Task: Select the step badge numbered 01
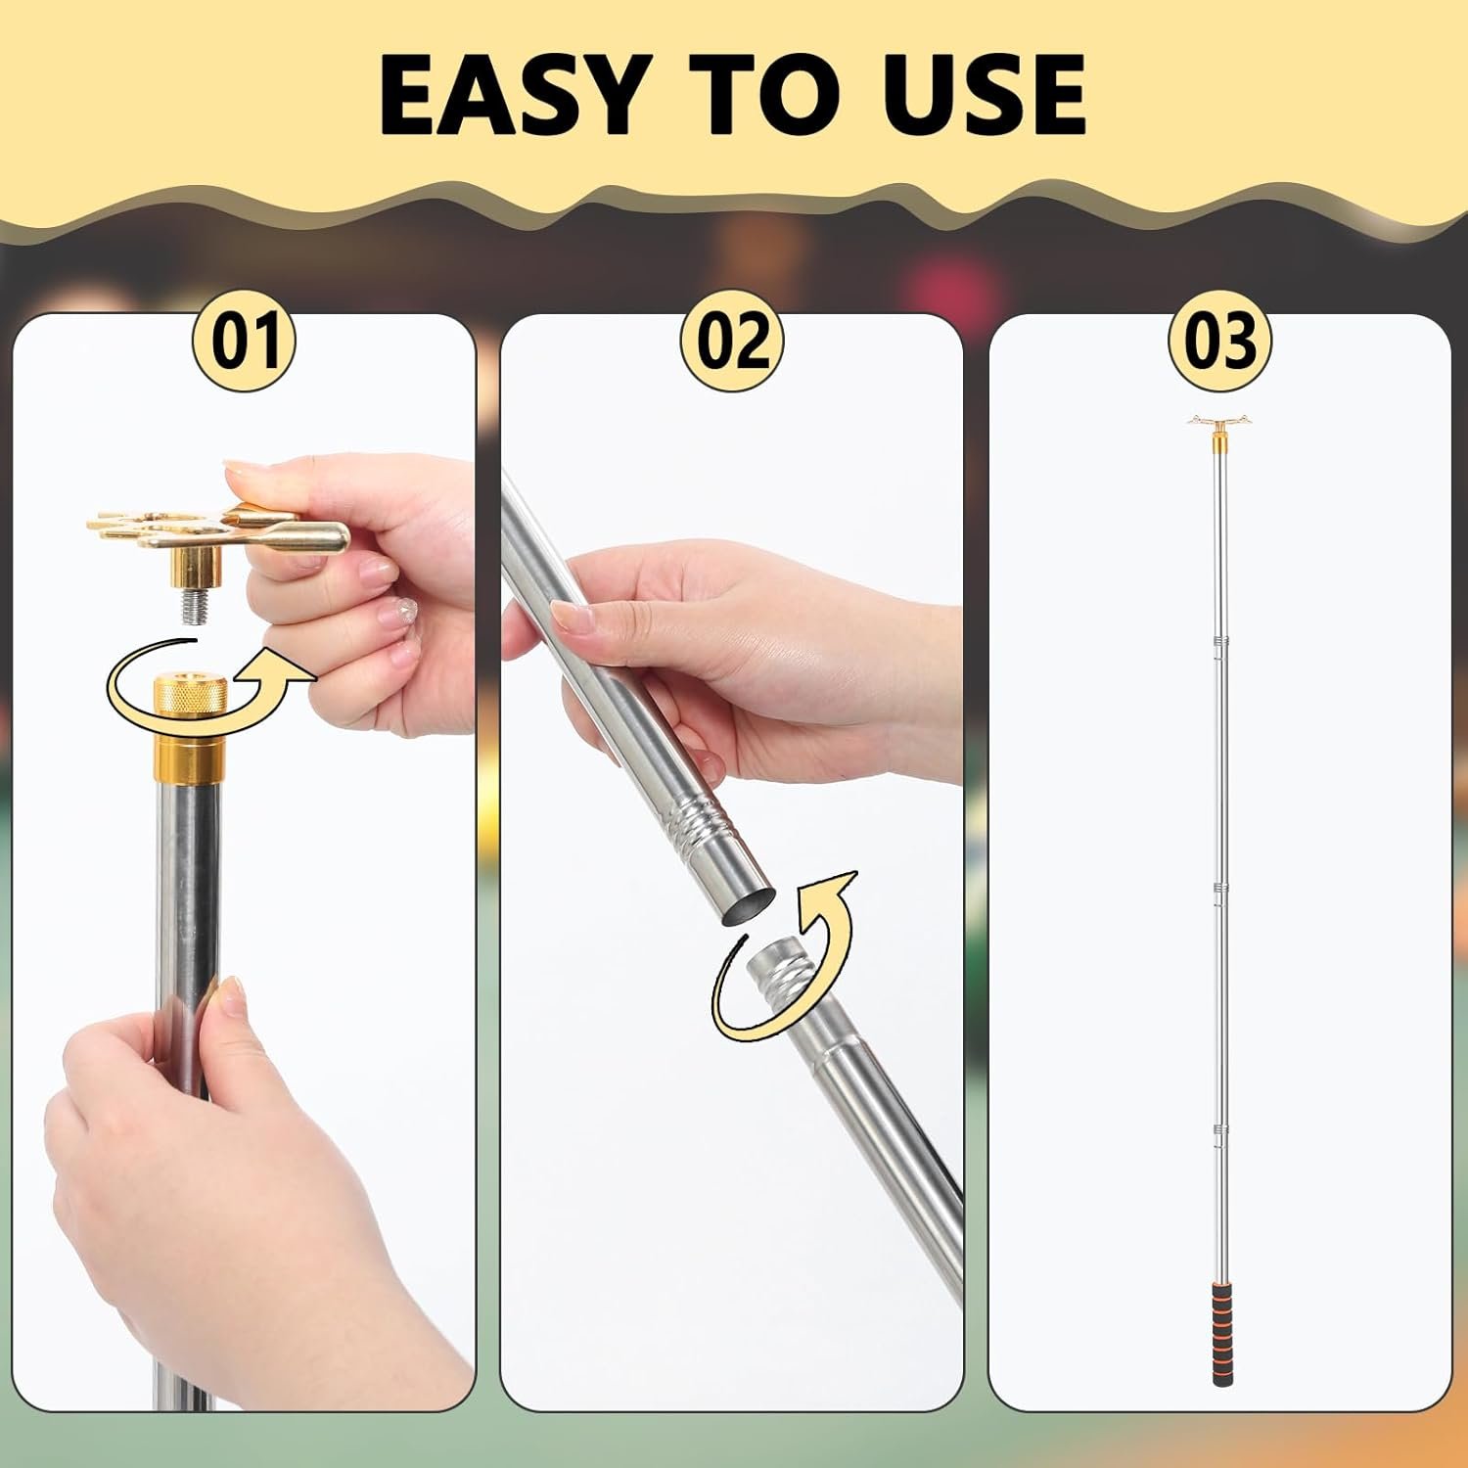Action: tap(241, 340)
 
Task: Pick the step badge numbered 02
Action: tap(733, 340)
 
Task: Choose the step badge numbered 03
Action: tap(1219, 340)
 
